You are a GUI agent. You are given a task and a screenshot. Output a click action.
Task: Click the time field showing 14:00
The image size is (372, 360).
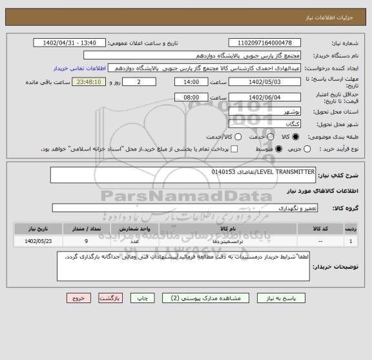191,82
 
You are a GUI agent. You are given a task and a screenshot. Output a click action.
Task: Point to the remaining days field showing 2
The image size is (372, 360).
139,82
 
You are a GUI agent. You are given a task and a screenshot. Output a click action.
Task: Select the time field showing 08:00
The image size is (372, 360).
191,97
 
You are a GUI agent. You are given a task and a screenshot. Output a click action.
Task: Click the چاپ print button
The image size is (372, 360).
140,299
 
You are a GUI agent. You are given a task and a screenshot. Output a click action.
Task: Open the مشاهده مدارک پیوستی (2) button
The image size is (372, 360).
200,299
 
